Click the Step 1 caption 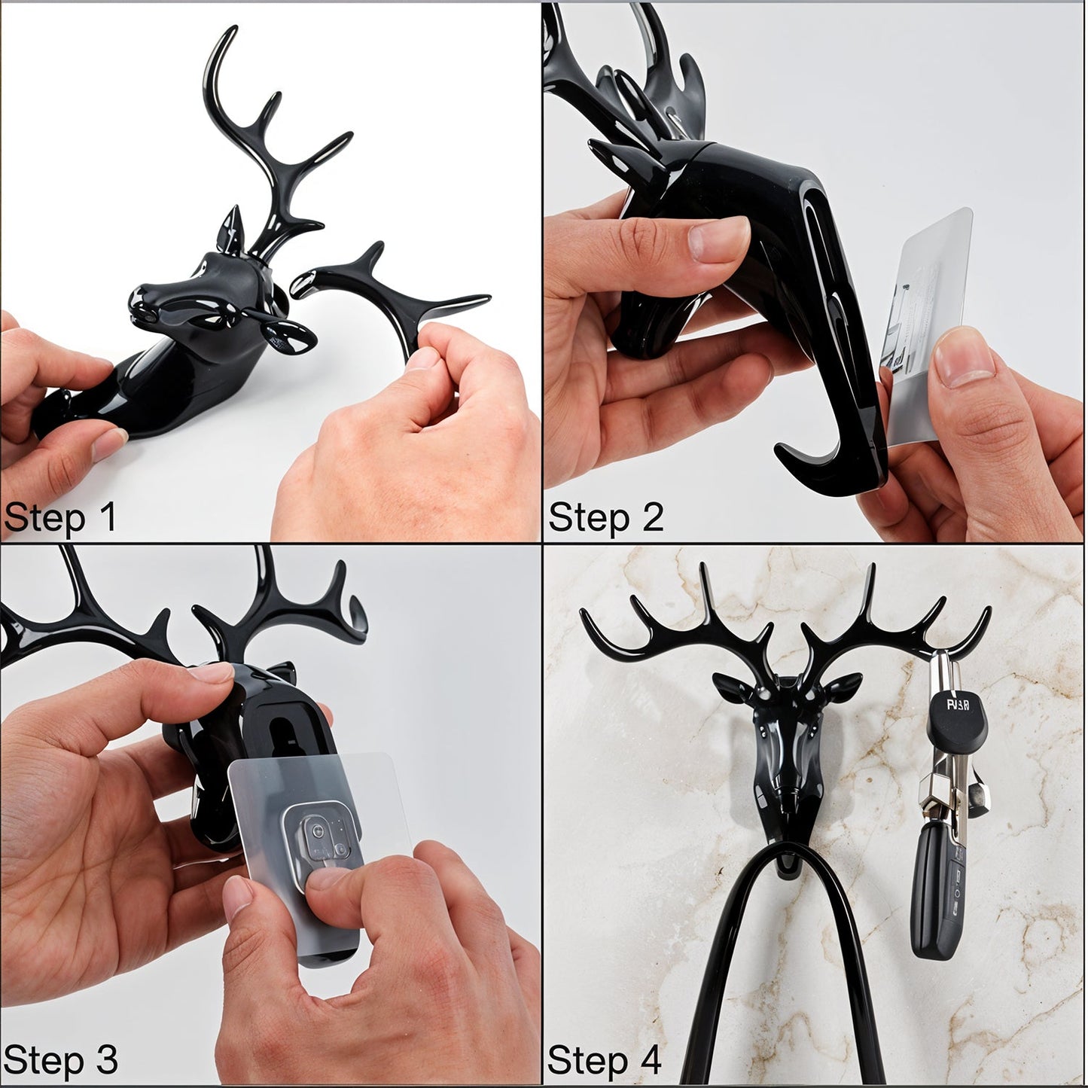tap(60, 518)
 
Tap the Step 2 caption tap(605, 518)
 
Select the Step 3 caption tap(60, 1059)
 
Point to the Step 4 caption tap(605, 1059)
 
